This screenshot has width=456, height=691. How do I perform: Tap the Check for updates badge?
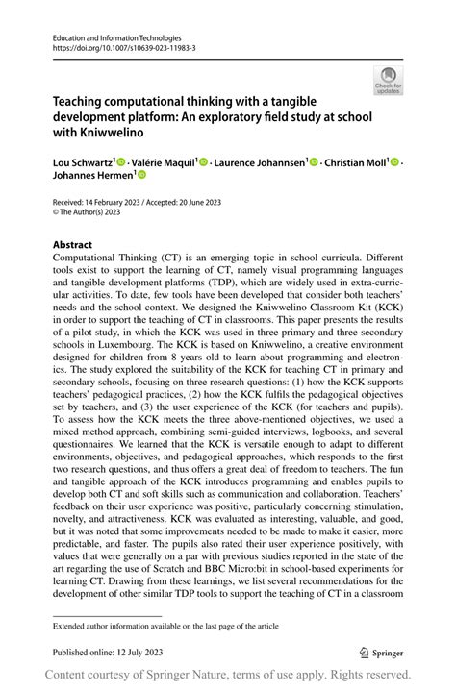pos(388,81)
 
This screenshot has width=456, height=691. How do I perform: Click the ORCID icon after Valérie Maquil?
pos(203,162)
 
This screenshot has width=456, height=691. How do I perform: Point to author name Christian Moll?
pos(356,162)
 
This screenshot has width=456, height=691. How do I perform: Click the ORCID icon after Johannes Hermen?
pos(139,176)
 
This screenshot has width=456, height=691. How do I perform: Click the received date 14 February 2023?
pos(106,203)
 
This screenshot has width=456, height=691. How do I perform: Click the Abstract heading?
pos(73,244)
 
